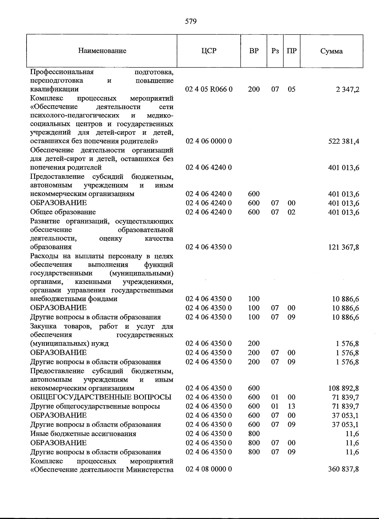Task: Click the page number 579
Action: [x=191, y=22]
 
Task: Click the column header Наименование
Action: [x=102, y=51]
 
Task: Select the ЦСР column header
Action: [x=209, y=51]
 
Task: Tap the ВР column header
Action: [x=254, y=51]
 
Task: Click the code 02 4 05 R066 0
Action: [x=209, y=89]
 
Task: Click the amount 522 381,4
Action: [x=344, y=141]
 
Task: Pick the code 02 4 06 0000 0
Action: [x=209, y=141]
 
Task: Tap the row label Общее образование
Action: [x=63, y=212]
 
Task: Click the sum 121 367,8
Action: [x=344, y=247]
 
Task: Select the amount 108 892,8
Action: [x=344, y=388]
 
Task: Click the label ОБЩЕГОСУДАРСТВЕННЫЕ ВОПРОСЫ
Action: [x=101, y=397]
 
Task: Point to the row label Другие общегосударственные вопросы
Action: [x=95, y=406]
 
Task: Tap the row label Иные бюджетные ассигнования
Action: [x=83, y=434]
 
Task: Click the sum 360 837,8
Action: [x=344, y=469]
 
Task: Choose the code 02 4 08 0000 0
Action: [x=209, y=469]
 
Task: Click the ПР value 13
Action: [x=292, y=406]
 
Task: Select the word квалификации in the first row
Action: [x=54, y=89]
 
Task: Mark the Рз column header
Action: [x=275, y=51]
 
